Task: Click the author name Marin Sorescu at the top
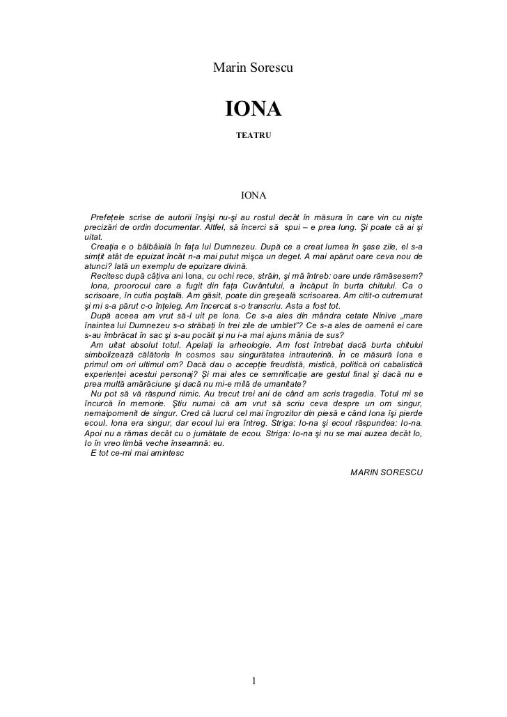click(253, 68)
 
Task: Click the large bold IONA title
click(253, 109)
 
